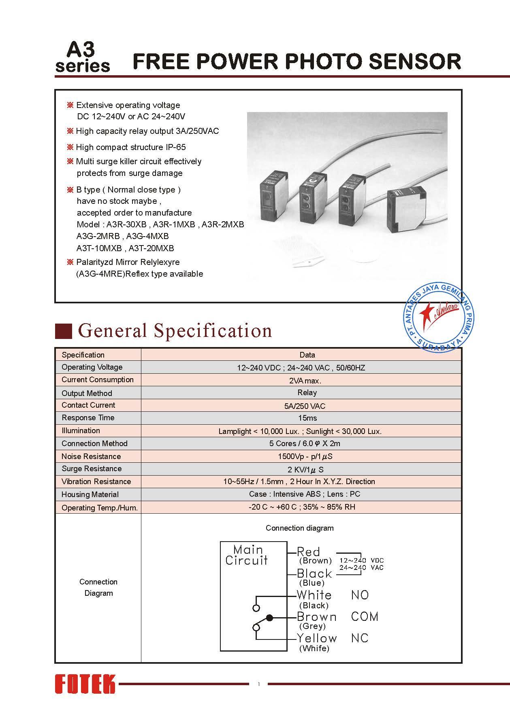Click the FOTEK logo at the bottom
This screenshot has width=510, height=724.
(85, 684)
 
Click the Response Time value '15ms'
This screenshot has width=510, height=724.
(307, 418)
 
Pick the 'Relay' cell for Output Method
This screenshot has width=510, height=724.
(307, 392)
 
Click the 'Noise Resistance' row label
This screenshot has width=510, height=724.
(91, 456)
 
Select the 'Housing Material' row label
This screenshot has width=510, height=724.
(90, 494)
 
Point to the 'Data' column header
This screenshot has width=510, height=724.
(307, 355)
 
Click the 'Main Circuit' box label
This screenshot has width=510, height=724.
(247, 555)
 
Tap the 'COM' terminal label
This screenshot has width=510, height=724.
(365, 617)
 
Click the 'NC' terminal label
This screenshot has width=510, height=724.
(360, 638)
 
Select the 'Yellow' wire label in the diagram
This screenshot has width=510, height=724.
(316, 638)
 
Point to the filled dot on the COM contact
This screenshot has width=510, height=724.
(270, 618)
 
